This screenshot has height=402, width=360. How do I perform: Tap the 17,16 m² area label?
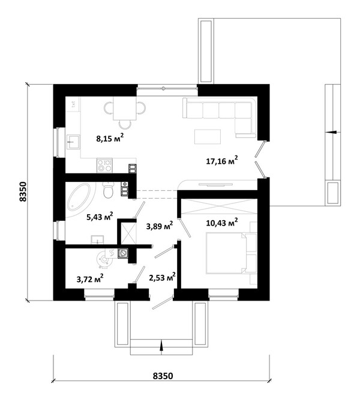point(222,160)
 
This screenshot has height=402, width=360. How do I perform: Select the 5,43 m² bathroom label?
point(100,217)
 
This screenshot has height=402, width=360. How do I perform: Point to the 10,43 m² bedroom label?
point(222,222)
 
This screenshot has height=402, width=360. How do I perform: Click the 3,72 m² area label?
point(90,278)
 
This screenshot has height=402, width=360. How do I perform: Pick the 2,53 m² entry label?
point(163,277)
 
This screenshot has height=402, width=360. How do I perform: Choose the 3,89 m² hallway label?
point(160,226)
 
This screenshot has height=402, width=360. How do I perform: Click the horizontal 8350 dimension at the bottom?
point(163,376)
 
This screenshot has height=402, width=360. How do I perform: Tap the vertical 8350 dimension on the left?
point(23,192)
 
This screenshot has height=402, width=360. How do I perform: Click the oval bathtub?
point(79,197)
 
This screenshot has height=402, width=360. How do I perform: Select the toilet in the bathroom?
point(108,190)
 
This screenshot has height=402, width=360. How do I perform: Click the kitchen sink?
point(74,142)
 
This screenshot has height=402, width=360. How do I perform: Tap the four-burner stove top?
point(104,166)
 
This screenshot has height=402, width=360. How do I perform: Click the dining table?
point(125,109)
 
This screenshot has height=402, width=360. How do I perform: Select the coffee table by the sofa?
point(208,137)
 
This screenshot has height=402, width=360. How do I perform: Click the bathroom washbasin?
point(98,240)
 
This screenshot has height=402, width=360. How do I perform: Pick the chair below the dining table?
point(125,125)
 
